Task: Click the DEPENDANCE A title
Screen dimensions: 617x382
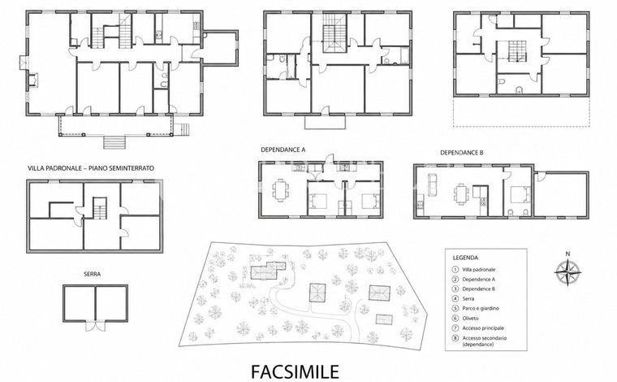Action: click(x=283, y=150)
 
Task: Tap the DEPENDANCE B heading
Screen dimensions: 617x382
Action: click(x=462, y=153)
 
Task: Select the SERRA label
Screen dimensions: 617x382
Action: click(x=92, y=274)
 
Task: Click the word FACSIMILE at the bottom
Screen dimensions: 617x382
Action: click(x=296, y=371)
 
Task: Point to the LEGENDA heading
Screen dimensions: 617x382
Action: click(x=465, y=258)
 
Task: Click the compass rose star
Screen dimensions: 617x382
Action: click(x=567, y=272)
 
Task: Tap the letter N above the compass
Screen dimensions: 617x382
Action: click(x=567, y=254)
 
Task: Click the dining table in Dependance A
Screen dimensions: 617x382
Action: click(x=281, y=191)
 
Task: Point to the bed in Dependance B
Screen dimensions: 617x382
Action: click(x=520, y=194)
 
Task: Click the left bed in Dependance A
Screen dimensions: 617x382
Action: click(x=317, y=202)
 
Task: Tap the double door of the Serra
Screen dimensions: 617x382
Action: click(x=96, y=326)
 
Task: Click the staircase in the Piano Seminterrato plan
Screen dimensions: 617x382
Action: click(x=100, y=208)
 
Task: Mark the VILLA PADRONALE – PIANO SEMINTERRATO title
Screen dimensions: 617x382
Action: click(x=91, y=168)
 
